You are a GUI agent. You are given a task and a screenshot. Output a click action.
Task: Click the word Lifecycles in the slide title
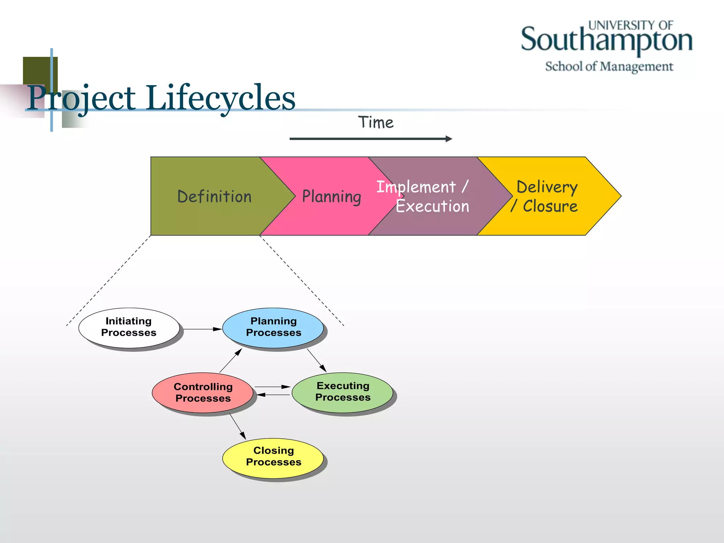221,98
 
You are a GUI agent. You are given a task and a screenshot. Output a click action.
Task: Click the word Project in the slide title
81,98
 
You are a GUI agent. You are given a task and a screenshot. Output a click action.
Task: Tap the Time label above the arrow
375,122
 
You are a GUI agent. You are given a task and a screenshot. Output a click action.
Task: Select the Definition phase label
214,197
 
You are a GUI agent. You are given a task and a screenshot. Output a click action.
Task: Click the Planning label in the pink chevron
331,197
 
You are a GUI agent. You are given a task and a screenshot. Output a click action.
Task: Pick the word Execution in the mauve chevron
432,206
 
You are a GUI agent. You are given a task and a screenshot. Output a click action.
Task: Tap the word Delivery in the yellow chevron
547,187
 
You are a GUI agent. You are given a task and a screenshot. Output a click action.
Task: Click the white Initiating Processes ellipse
129,327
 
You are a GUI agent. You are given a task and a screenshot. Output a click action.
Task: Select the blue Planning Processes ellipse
273,327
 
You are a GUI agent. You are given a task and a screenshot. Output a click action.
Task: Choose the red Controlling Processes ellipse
203,392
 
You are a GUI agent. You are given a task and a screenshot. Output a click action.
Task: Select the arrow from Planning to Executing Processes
316,360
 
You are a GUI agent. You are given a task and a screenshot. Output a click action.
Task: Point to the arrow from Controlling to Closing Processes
238,426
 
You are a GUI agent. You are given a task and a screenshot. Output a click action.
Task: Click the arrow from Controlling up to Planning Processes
231,360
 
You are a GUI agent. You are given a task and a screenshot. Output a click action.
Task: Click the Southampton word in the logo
606,40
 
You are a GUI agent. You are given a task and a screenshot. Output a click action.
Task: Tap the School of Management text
609,66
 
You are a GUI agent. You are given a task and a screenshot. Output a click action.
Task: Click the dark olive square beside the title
37,70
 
